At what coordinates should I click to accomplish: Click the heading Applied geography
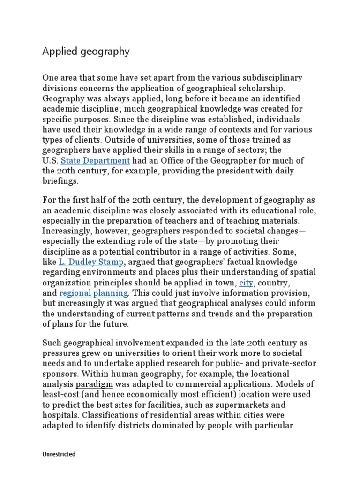86,52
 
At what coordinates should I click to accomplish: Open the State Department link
95,160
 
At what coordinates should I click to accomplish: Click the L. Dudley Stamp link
91,262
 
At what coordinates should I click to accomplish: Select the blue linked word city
246,283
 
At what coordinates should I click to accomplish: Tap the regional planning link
93,293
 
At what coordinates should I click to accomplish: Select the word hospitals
60,415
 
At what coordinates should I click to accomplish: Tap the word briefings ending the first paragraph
60,181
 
